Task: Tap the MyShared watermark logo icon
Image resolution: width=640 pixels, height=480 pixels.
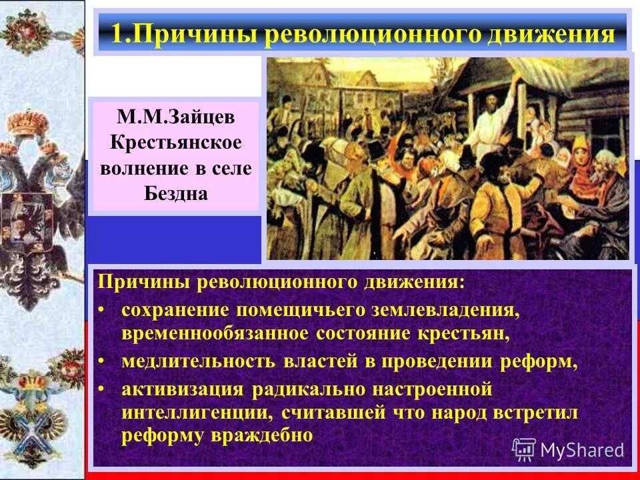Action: pos(524,450)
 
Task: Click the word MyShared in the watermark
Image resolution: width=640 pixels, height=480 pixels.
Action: pos(582,450)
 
